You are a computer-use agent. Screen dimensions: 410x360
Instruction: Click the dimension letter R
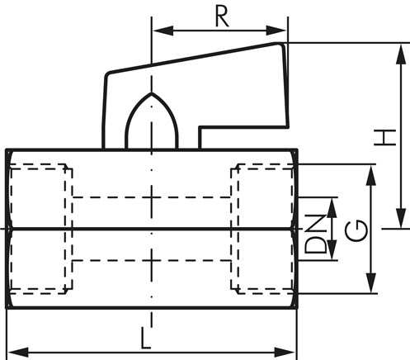[x=222, y=17]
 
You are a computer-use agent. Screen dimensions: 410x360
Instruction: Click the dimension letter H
[x=385, y=138]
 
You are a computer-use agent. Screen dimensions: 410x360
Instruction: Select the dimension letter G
[x=356, y=230]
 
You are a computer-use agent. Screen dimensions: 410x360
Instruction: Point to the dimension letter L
[x=146, y=338]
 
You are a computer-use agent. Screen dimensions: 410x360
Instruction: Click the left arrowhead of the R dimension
[x=163, y=31]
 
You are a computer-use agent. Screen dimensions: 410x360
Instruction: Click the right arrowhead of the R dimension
[x=276, y=31]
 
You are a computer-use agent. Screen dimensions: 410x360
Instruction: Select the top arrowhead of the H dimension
[x=401, y=54]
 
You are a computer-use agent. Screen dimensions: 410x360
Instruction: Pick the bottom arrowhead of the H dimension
[x=401, y=218]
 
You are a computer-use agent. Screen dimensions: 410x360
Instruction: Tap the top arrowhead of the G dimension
[x=371, y=175]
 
